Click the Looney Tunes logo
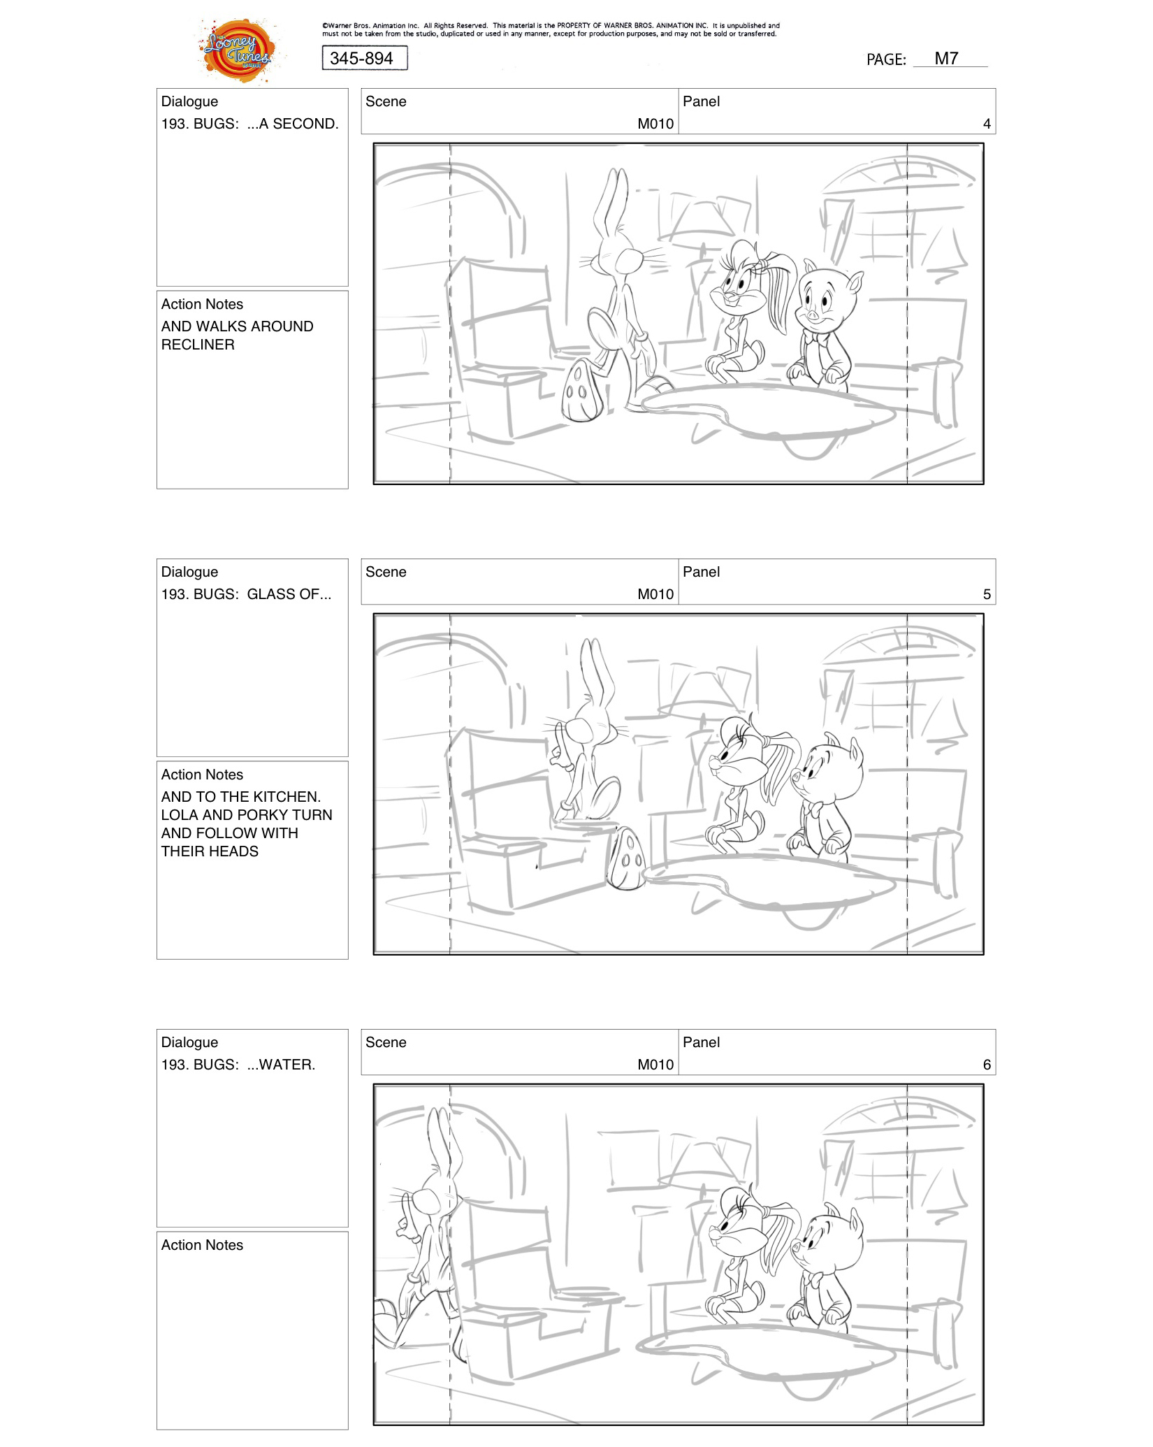[238, 51]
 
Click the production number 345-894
[362, 59]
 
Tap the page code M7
[946, 59]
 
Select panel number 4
[986, 124]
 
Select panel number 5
[986, 594]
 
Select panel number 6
[986, 1065]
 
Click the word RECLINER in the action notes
[198, 345]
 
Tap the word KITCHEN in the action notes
[285, 797]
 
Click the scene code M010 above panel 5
[655, 594]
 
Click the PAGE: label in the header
[885, 60]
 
